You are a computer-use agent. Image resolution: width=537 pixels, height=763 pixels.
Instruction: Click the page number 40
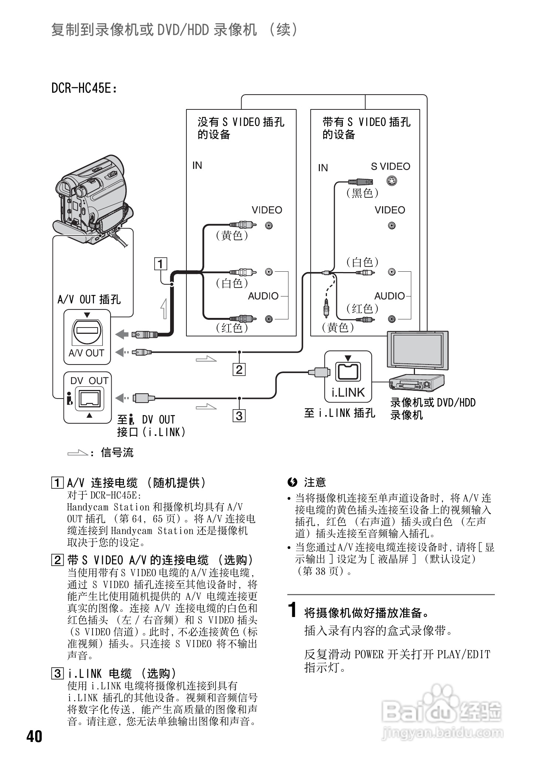coord(34,736)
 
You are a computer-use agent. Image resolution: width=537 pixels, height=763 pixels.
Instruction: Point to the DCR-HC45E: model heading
coord(84,88)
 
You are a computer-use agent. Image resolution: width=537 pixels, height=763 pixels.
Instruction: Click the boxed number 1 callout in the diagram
coord(161,264)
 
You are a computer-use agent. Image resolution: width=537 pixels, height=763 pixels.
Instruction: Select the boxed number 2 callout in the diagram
coord(239,369)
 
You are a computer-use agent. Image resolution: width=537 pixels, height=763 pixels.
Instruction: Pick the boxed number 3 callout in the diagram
coord(239,416)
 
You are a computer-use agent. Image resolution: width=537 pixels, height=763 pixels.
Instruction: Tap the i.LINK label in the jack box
coord(348,392)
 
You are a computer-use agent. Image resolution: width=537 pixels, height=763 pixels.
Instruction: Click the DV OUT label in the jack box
coord(89,381)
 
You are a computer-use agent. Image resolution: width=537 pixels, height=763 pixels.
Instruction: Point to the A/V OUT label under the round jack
coord(87,353)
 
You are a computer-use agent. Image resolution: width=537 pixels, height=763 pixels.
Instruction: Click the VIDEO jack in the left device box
coord(269,225)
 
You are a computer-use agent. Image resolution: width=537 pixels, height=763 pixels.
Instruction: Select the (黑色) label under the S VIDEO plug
coord(362,193)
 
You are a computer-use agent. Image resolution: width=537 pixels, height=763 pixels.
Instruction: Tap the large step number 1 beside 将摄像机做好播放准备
coord(293,610)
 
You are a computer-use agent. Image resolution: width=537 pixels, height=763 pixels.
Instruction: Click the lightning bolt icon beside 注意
coord(292,482)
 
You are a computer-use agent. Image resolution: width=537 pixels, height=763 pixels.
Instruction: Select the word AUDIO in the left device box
coord(263,296)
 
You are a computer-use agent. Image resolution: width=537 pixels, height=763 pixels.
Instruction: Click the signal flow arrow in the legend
coord(77,452)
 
